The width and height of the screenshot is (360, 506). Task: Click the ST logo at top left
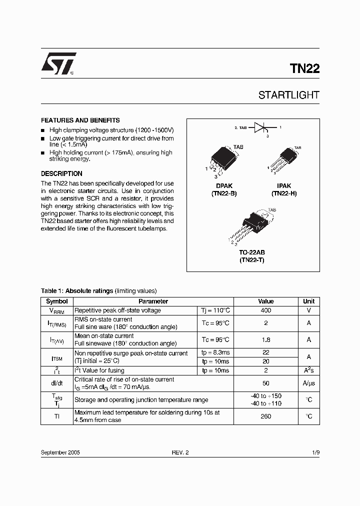(x=58, y=64)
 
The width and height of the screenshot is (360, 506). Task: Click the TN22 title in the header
(x=304, y=69)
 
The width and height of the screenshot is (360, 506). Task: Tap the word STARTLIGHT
(x=288, y=95)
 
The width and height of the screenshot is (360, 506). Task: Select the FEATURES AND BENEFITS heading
(x=80, y=120)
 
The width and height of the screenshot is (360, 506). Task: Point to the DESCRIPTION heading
(x=61, y=174)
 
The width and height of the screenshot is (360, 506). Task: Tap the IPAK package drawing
(x=284, y=159)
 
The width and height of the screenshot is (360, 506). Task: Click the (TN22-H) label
(x=284, y=193)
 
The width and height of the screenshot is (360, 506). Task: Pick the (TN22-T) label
(x=252, y=259)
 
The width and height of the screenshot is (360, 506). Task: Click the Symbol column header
(x=57, y=301)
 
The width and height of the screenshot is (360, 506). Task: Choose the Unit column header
(x=308, y=301)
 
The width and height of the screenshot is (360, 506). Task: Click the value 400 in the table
(x=265, y=310)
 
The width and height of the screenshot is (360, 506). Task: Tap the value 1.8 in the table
(x=265, y=339)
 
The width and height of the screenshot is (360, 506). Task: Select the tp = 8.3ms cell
(x=215, y=353)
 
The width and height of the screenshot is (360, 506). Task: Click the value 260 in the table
(x=265, y=416)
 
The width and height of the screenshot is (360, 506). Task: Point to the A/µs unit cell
(x=308, y=383)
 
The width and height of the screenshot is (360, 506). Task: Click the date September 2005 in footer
(x=60, y=452)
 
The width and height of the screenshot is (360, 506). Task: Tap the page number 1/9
(x=315, y=452)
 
